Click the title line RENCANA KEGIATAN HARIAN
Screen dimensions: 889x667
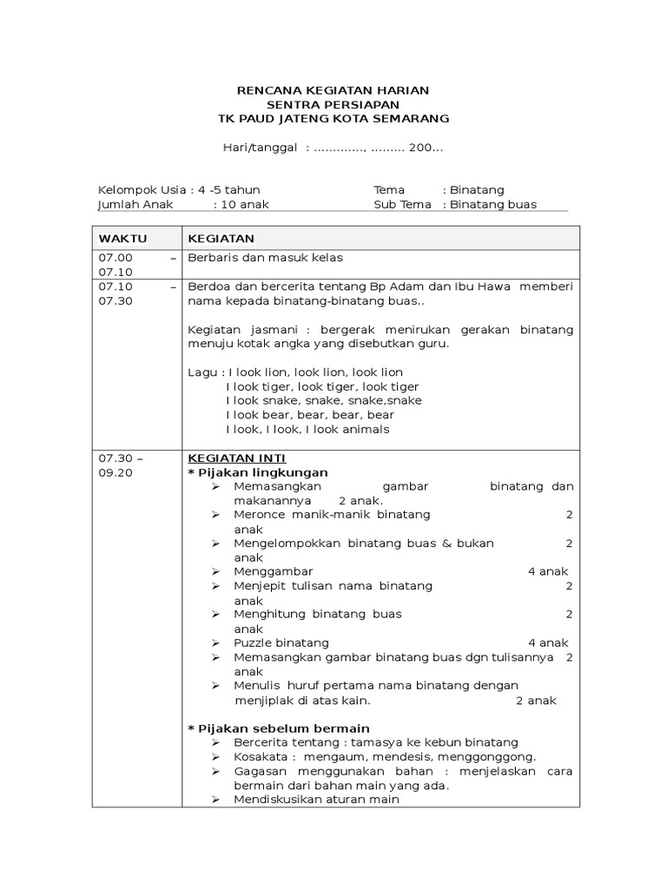[x=333, y=90]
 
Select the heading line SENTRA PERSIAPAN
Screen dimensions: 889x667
[x=333, y=104]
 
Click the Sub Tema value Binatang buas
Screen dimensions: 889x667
[x=493, y=205]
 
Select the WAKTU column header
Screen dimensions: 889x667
[x=122, y=239]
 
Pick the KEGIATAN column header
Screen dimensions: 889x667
[x=221, y=239]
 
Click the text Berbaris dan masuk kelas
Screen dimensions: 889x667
[x=266, y=258]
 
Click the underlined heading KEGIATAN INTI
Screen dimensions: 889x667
[x=236, y=458]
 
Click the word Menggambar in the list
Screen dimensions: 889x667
[x=273, y=571]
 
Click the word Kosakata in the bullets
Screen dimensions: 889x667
[x=258, y=756]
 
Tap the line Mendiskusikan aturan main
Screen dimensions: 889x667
[x=316, y=800]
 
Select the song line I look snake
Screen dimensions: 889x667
[x=323, y=400]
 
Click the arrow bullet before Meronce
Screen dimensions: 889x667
[x=215, y=515]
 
